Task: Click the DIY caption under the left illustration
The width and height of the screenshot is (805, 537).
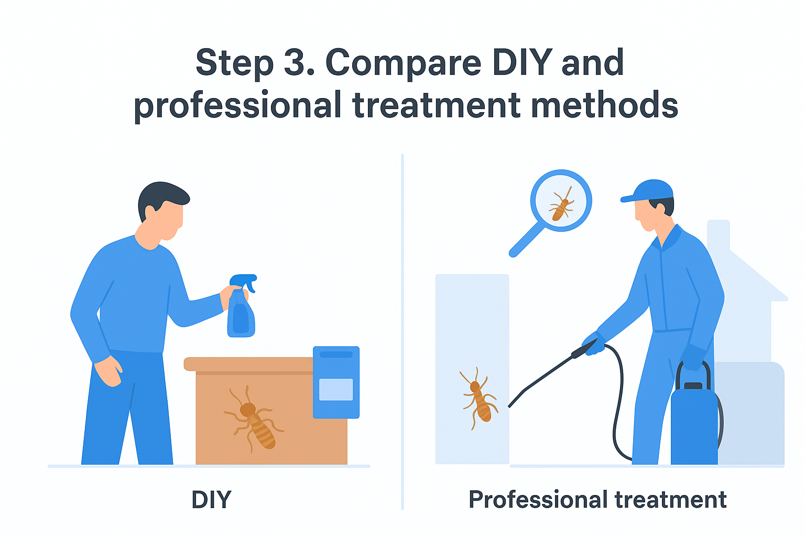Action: click(x=211, y=499)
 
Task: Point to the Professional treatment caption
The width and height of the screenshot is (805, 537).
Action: click(x=597, y=500)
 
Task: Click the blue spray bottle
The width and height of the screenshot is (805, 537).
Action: click(x=242, y=306)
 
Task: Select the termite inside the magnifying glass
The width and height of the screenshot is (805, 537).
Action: click(x=561, y=204)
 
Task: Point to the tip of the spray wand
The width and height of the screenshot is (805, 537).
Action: click(x=509, y=406)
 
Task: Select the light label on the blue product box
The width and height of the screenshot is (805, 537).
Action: click(x=336, y=390)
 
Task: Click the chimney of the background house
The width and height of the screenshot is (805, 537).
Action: click(x=719, y=234)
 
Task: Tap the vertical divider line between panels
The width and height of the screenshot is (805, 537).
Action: click(x=402, y=331)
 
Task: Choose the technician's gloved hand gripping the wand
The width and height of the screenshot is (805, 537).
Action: click(x=595, y=343)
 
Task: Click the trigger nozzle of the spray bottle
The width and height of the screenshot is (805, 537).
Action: click(x=244, y=281)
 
